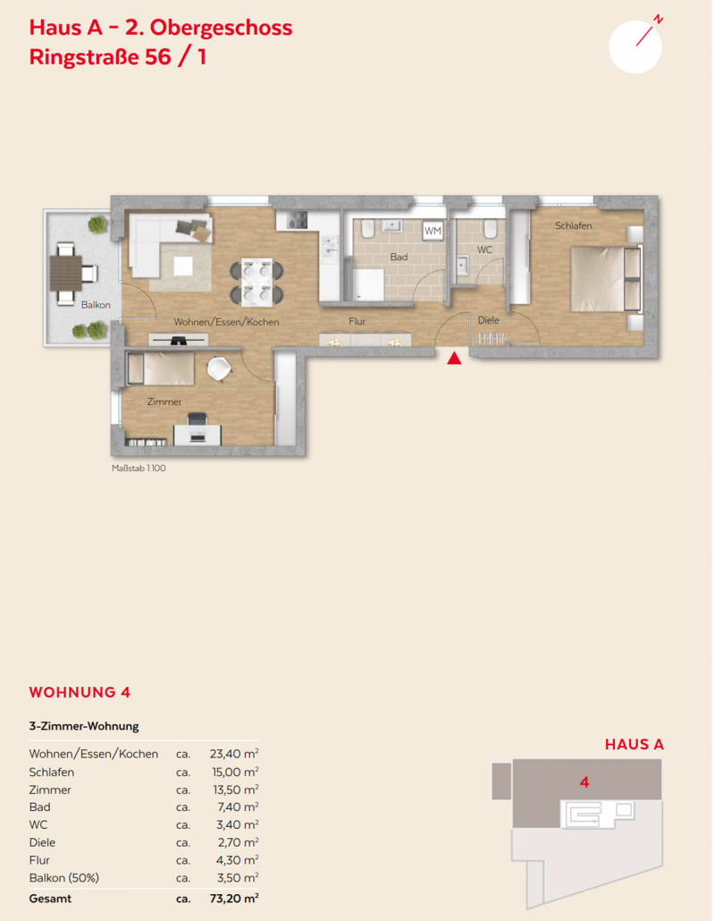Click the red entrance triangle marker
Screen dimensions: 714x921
coord(454,358)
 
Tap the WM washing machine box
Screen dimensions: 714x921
coord(433,231)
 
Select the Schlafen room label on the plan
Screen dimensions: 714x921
coord(573,225)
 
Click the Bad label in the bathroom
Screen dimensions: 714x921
coord(399,257)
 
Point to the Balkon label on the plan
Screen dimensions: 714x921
coord(96,305)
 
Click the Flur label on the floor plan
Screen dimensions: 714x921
coord(357,321)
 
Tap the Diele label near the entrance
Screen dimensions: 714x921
coord(489,320)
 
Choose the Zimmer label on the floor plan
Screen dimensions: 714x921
coord(164,401)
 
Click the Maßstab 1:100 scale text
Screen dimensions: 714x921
coord(139,469)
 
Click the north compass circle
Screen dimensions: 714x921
coord(635,47)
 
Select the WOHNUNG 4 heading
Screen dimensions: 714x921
coord(80,692)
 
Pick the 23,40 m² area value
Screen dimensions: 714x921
coord(234,754)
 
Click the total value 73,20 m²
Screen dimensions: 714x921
coord(234,899)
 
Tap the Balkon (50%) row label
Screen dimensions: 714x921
coord(64,878)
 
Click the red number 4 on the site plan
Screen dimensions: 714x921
coord(584,782)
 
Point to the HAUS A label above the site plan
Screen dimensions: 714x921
coord(634,744)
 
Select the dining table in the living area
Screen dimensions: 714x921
coord(256,282)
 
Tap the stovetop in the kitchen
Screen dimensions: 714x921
coord(297,220)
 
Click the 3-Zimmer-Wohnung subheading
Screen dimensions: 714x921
coord(84,726)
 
